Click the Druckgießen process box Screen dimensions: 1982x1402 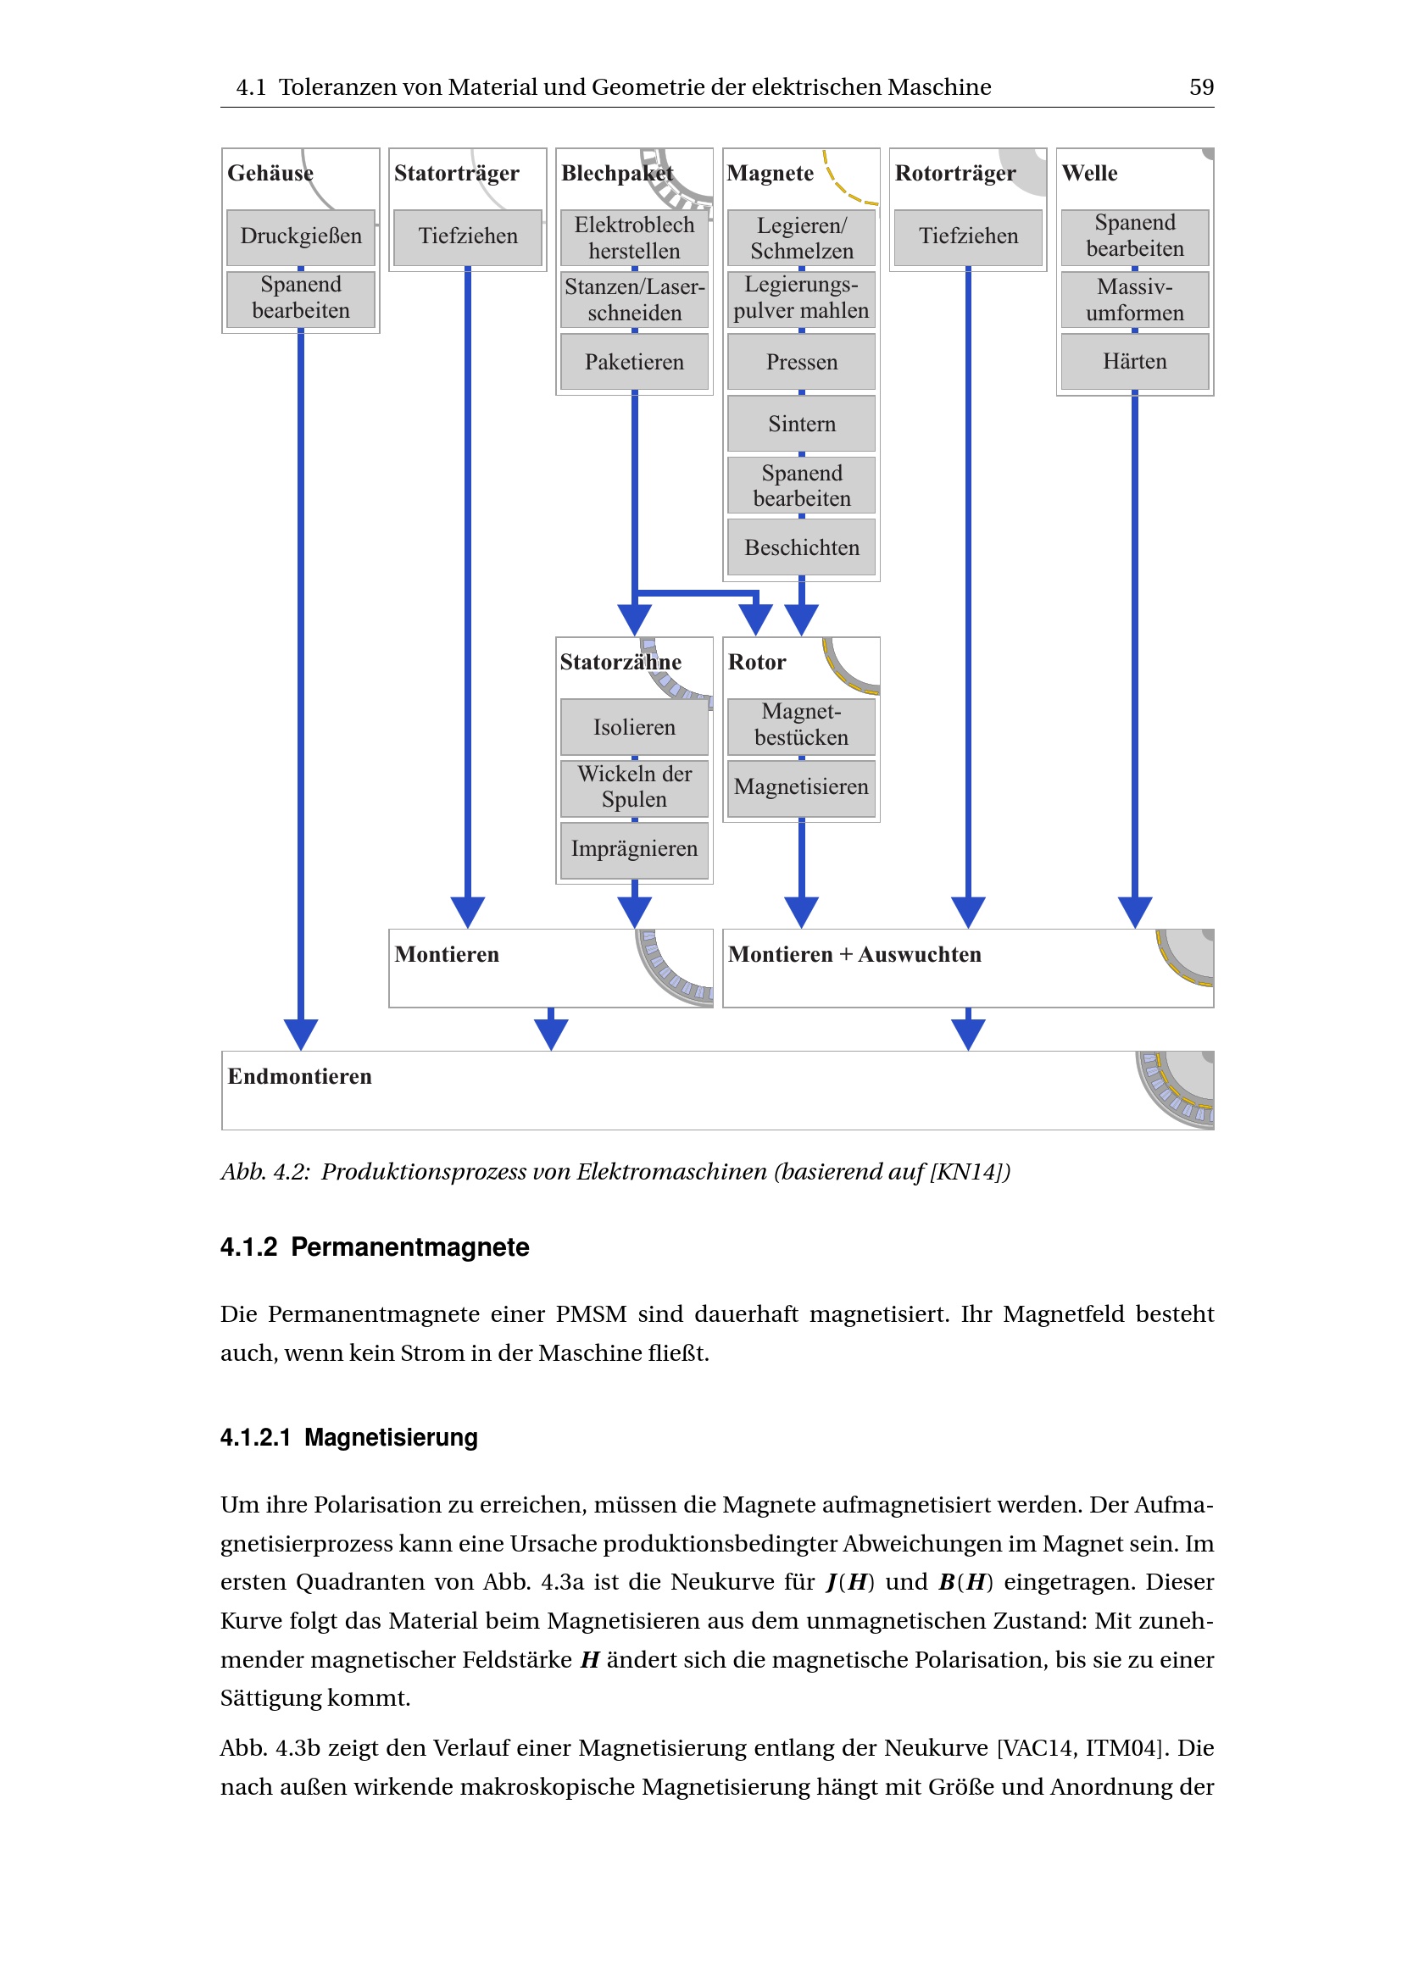point(300,236)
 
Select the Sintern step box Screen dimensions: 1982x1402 point(801,423)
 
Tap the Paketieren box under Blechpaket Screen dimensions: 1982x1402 point(634,362)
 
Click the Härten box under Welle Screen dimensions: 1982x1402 point(1134,361)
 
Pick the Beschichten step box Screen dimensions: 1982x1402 point(801,547)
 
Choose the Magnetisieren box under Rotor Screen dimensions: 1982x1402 point(801,786)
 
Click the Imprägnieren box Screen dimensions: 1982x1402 point(634,848)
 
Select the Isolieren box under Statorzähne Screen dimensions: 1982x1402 point(634,727)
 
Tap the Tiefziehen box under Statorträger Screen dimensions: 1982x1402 point(468,236)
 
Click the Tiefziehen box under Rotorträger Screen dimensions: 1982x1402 point(968,236)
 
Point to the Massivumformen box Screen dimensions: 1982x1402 point(1134,299)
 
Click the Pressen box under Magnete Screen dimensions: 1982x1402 point(801,362)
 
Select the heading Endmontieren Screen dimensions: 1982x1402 point(299,1076)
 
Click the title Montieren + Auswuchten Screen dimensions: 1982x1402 point(854,955)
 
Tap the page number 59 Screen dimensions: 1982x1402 point(1201,87)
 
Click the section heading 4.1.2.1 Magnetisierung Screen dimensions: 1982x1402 point(348,1437)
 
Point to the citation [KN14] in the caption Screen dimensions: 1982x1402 point(967,1171)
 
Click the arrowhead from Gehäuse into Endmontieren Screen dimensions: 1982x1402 point(300,1033)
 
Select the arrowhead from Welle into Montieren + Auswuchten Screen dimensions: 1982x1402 point(1134,912)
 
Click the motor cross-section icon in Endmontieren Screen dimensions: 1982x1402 point(1177,1090)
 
